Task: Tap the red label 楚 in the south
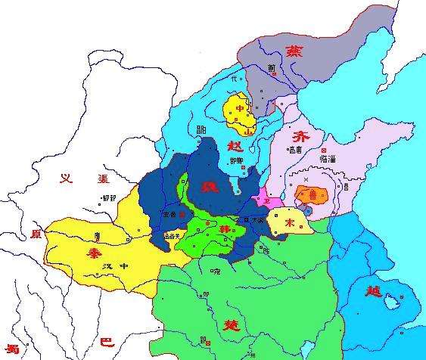(231, 323)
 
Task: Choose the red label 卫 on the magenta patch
(266, 199)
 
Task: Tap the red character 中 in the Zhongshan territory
(241, 109)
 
